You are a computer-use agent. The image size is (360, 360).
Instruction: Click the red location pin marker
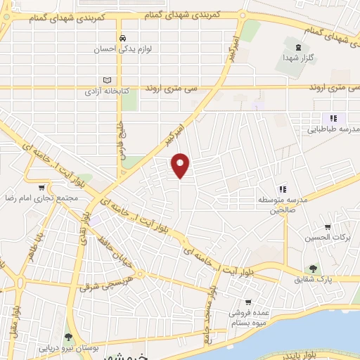(x=181, y=165)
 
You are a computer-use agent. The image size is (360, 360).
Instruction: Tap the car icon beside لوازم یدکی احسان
(x=123, y=38)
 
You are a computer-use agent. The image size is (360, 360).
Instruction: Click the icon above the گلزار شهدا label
(x=301, y=47)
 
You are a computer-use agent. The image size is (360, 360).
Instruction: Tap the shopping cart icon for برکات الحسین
(x=328, y=227)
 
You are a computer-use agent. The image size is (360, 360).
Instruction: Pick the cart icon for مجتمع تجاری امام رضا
(x=41, y=188)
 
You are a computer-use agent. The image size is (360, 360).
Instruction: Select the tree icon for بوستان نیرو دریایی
(x=68, y=337)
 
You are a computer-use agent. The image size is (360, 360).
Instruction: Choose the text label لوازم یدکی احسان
(x=124, y=50)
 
